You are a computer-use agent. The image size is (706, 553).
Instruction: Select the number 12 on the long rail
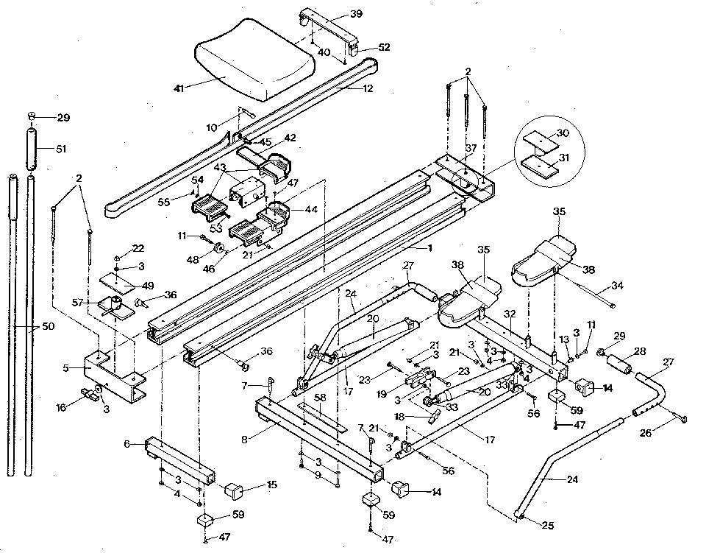tap(368, 88)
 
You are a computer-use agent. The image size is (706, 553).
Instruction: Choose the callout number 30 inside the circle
tap(563, 133)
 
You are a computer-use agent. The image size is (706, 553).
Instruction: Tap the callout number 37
tap(471, 149)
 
